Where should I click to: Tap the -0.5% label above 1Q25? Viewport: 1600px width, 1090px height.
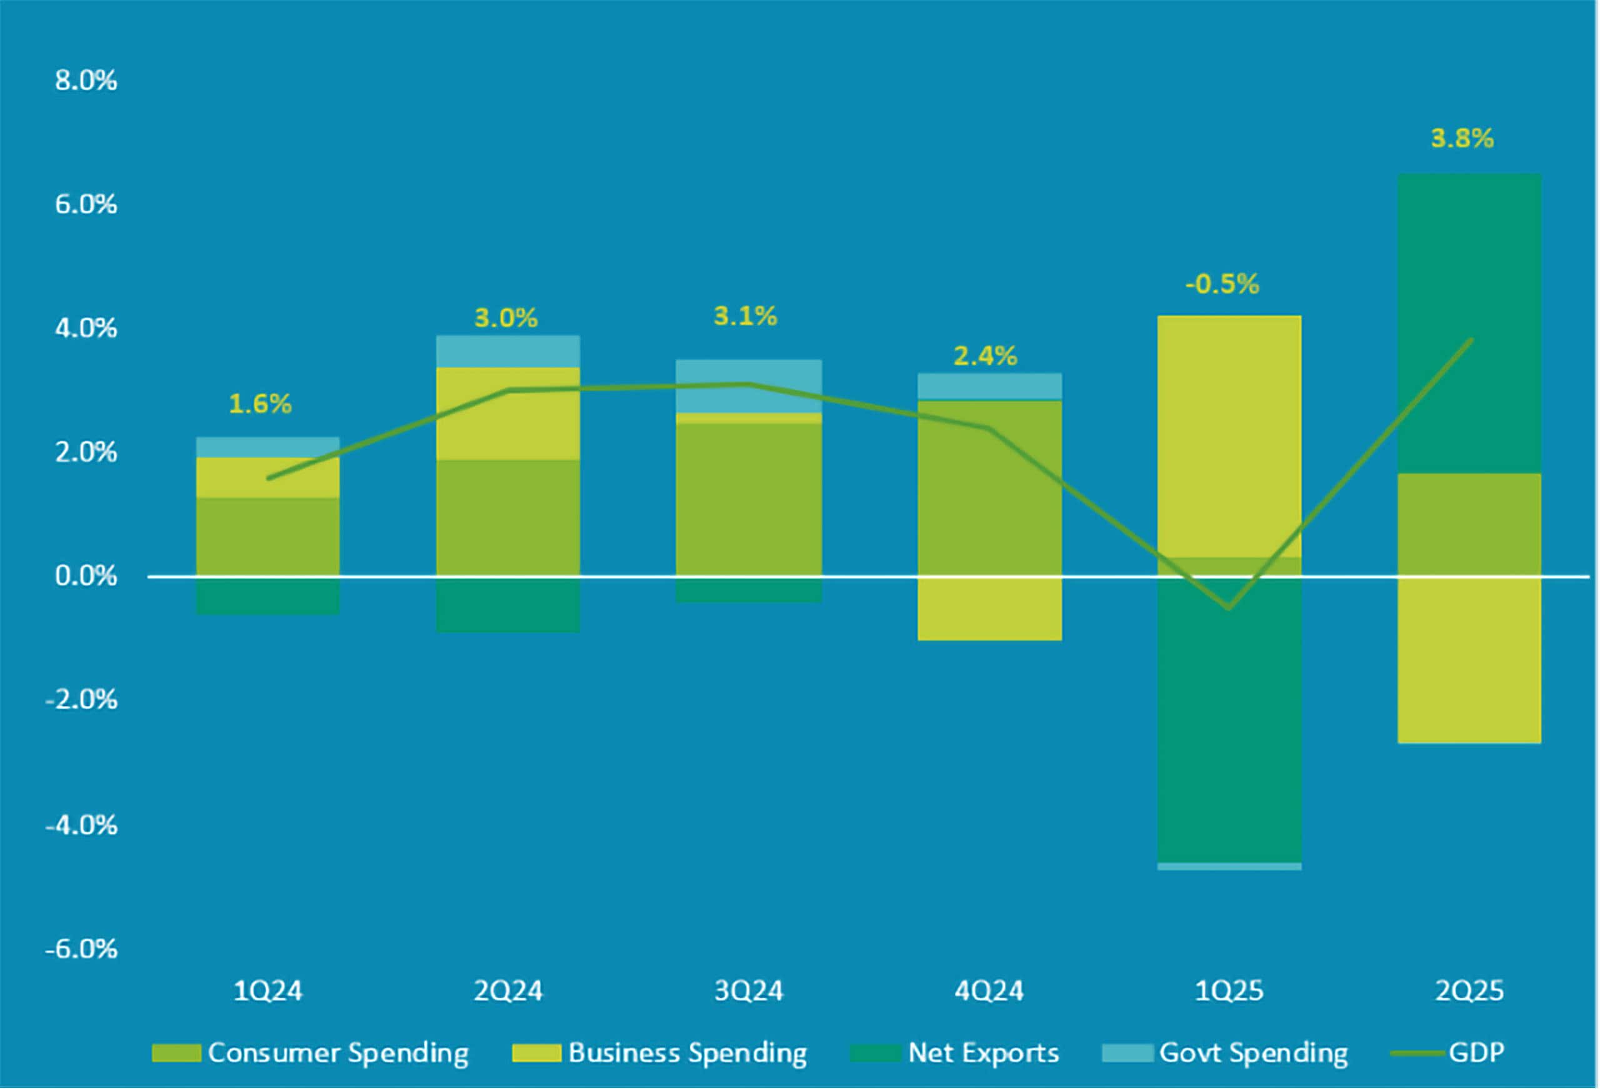1221,284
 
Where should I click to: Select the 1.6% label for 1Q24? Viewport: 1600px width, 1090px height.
260,404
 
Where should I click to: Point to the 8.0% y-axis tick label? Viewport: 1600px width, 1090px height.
86,81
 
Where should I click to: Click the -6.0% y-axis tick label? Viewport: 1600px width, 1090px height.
81,949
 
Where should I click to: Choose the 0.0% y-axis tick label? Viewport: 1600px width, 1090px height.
86,576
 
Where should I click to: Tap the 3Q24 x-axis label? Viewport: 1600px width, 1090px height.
748,991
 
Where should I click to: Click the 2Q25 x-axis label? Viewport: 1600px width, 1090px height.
1469,991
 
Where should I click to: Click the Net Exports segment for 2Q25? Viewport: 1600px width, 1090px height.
1469,324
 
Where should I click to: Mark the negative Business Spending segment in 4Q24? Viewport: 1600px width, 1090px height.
989,609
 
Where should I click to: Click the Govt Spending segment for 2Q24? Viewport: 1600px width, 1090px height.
507,352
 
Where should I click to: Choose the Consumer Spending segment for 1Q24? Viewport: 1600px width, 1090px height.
268,537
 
